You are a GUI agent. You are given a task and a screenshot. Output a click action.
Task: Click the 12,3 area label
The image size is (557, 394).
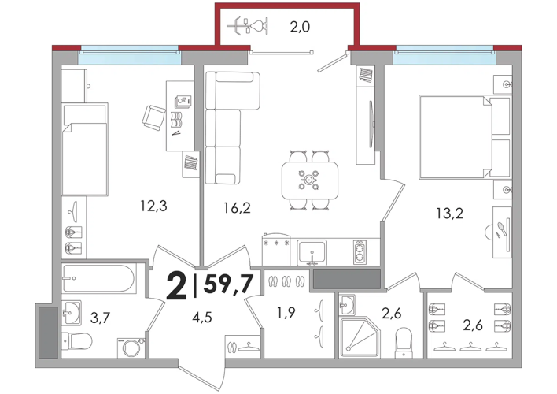(x=153, y=206)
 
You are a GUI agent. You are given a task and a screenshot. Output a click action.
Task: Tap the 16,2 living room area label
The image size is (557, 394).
(x=237, y=208)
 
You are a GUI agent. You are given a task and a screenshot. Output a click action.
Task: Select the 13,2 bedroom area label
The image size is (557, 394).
(x=450, y=214)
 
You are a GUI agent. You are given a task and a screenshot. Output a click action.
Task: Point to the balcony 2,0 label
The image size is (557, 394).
(x=300, y=27)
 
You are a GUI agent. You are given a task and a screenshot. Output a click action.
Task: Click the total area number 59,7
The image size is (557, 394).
(x=228, y=284)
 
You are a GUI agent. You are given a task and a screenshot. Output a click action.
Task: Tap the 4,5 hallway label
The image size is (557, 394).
(x=202, y=317)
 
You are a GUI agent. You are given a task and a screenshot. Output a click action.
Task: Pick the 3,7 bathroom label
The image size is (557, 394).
(x=100, y=317)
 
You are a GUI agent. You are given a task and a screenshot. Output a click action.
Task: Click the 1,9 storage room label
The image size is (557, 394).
(x=286, y=313)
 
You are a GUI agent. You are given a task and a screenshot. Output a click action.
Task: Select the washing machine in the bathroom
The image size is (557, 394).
(x=131, y=348)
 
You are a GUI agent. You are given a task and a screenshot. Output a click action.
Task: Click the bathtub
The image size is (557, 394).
(x=98, y=279)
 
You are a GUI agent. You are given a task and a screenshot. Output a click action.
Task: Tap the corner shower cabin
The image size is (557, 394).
(x=360, y=336)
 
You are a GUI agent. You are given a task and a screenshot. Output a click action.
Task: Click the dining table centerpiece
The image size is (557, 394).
(x=309, y=180)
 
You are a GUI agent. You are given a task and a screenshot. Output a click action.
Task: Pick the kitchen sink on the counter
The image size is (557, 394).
(x=312, y=253)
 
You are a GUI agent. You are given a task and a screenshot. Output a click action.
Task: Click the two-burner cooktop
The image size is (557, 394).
(x=360, y=252)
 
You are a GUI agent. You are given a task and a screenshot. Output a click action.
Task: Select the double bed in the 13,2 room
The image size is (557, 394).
(x=465, y=137)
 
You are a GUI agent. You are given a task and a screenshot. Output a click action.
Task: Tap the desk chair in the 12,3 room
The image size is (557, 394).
(x=154, y=117)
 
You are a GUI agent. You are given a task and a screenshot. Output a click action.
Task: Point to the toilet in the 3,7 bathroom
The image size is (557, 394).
(x=77, y=341)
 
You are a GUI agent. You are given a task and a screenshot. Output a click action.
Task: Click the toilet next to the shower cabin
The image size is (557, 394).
(x=404, y=343)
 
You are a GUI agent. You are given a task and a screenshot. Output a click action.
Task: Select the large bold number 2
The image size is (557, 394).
(x=176, y=284)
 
